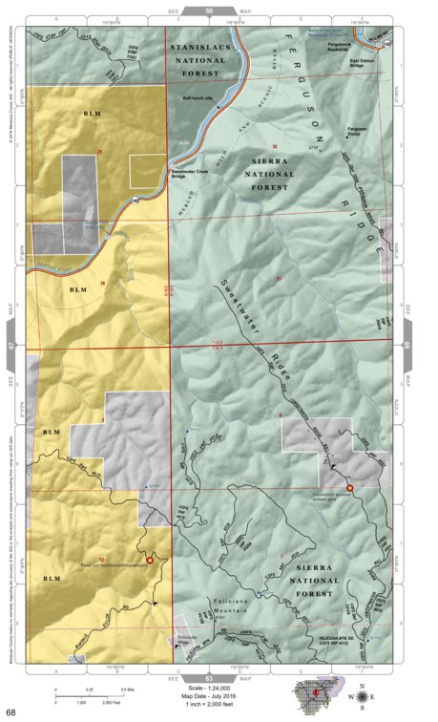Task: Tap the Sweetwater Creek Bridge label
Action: click(x=185, y=173)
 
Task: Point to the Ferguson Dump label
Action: click(x=356, y=130)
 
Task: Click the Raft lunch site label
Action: click(x=198, y=96)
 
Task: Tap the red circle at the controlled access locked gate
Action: click(x=349, y=487)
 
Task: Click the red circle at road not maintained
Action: click(x=149, y=561)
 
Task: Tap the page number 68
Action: click(x=10, y=712)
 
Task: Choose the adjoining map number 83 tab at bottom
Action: click(x=209, y=675)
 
